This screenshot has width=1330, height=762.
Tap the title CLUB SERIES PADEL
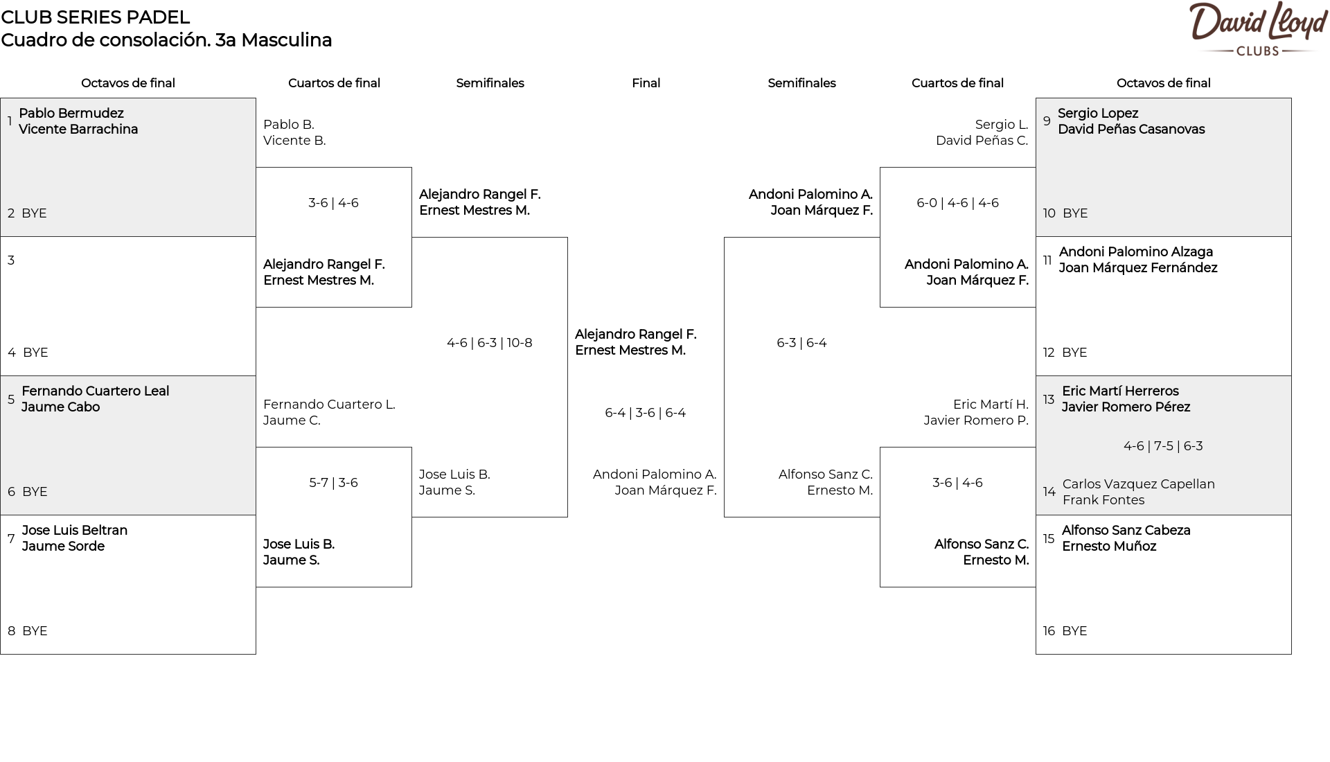(x=96, y=17)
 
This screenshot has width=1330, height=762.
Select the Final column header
(x=646, y=83)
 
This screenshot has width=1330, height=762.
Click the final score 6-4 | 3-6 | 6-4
(x=646, y=413)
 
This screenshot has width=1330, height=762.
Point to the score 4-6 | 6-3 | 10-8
(x=490, y=343)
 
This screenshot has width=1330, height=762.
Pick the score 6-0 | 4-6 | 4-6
(x=957, y=203)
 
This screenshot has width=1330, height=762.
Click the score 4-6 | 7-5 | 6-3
(x=1163, y=446)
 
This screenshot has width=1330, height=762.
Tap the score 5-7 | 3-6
(x=333, y=483)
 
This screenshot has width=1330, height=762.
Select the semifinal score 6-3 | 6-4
(x=801, y=343)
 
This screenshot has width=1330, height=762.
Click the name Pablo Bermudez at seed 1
(x=71, y=114)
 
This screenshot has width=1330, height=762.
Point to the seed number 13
(x=1049, y=399)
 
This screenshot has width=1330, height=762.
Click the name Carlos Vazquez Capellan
(x=1139, y=484)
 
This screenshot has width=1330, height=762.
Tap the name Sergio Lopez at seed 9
(x=1098, y=114)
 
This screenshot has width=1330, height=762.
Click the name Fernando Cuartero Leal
(x=96, y=391)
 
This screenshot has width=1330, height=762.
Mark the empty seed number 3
(x=11, y=260)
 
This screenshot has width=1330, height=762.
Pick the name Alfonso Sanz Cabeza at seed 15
(x=1126, y=531)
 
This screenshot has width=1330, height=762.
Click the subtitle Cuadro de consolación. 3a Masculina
(x=166, y=40)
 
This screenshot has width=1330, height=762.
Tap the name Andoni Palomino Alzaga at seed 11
(x=1136, y=252)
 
